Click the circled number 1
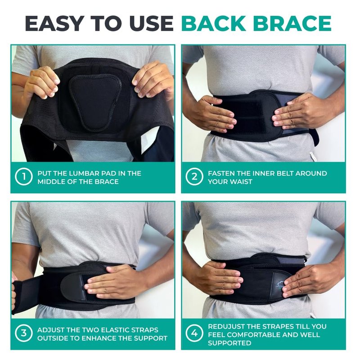point(24,177)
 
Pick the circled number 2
point(194,177)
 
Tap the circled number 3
point(24,333)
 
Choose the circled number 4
point(194,333)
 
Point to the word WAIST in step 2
point(241,181)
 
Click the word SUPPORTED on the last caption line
point(229,343)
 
